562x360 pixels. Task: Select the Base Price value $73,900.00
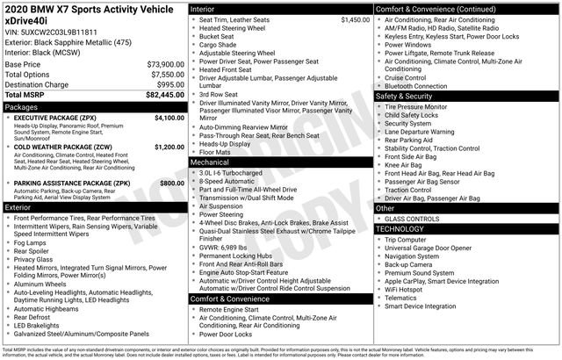click(165, 64)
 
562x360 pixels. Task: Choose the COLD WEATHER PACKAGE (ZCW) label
click(63, 147)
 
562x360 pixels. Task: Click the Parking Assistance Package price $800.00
click(172, 183)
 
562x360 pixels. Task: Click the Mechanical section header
click(211, 162)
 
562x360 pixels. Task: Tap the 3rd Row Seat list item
click(220, 94)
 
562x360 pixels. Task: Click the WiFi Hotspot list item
click(408, 288)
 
